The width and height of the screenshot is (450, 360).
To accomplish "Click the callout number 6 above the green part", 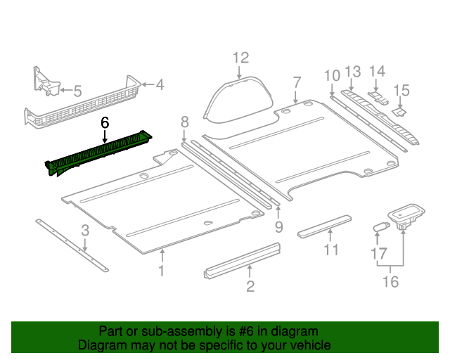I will click(x=105, y=122).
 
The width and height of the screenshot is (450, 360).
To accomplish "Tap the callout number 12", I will click(x=240, y=58).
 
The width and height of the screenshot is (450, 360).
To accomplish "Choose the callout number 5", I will click(x=77, y=90).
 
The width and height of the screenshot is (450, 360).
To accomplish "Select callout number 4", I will click(x=160, y=85).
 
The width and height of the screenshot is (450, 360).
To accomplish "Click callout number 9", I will click(x=278, y=226).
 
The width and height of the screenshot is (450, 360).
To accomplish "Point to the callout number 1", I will click(x=162, y=271).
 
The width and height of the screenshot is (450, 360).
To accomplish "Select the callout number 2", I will click(x=250, y=285).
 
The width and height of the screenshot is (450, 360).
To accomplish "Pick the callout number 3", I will click(x=85, y=230).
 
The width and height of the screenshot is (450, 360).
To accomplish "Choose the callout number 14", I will click(x=378, y=71).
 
